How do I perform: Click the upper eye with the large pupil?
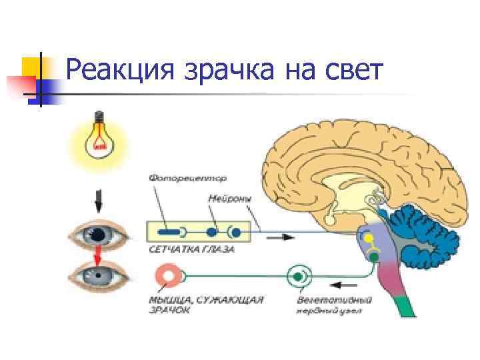[x=99, y=234]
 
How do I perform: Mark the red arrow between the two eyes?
[x=99, y=254]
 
